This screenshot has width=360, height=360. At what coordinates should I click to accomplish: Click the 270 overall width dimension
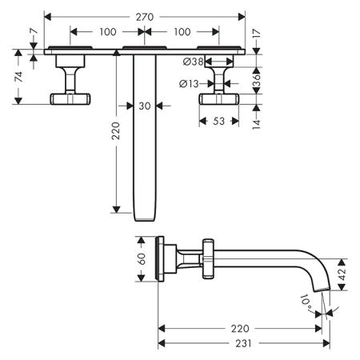pos(145,17)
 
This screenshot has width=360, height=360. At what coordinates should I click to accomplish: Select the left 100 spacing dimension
pos(108,32)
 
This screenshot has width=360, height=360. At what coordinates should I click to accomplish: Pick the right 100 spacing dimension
pos(182,32)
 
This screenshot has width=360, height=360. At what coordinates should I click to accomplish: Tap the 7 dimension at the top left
pos(34,31)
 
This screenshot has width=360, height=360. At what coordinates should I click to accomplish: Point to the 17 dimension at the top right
pos(256,34)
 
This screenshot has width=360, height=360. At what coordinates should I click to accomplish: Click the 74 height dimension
pos(18,77)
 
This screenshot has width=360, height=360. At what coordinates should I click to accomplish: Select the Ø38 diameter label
pos(194,62)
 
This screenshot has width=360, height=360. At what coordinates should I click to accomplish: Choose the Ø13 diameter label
pos(189,84)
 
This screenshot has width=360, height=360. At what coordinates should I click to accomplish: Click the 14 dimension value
pos(256,124)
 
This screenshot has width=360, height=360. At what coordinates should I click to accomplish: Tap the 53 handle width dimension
pos(218,122)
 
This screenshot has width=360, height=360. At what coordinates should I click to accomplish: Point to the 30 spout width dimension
pos(145,106)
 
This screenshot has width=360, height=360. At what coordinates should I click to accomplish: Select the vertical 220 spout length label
pos(116,131)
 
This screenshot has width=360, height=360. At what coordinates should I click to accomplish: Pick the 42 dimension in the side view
pos(342,274)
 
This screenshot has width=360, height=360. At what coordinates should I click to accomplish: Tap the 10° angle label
pos(306,302)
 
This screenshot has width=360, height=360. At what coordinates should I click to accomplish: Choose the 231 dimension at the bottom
pos(243,343)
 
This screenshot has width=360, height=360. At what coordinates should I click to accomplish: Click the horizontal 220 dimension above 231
pos(240,329)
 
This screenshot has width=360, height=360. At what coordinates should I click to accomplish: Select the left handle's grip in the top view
pos(70,99)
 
